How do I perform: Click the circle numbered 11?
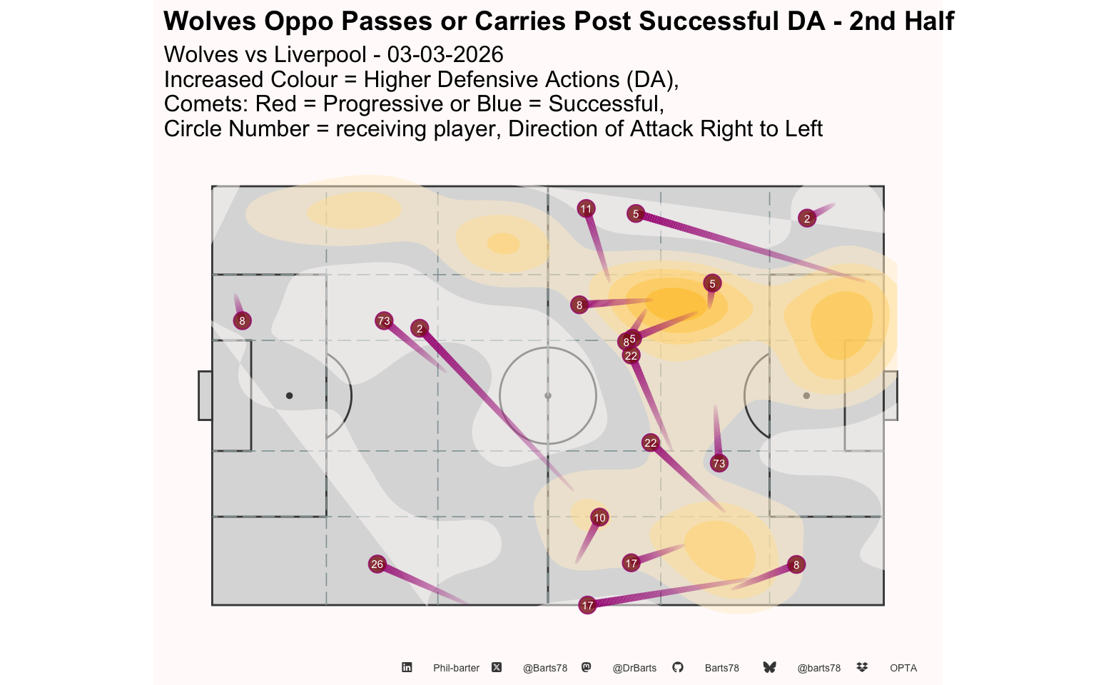tap(586, 209)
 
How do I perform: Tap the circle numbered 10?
tap(599, 517)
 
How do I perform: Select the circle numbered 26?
tap(377, 564)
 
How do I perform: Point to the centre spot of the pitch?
tap(548, 395)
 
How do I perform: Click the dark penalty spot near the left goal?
tap(290, 395)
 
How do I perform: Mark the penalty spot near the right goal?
tap(806, 395)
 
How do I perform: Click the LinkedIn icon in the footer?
tap(407, 667)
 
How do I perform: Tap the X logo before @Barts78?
tap(497, 667)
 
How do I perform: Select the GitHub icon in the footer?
tap(678, 667)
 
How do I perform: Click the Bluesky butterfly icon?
tap(770, 667)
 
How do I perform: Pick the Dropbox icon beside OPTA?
tap(862, 667)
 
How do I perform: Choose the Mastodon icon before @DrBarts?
tap(587, 667)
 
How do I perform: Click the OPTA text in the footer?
tap(903, 668)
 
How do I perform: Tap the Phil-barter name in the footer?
tap(456, 668)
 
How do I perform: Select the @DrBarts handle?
tap(634, 668)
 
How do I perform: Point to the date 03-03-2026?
tap(445, 54)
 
